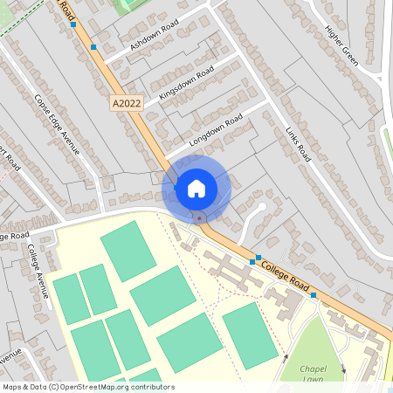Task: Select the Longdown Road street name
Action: [x=215, y=131]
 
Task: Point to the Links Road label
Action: [x=298, y=142]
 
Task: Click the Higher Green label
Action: [x=341, y=45]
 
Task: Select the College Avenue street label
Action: [x=37, y=272]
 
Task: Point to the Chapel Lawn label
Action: [x=312, y=374]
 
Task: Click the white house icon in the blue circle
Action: [x=196, y=188]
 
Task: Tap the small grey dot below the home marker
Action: [x=200, y=216]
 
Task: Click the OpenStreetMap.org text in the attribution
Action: [x=93, y=387]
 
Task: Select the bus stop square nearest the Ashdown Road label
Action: [x=93, y=47]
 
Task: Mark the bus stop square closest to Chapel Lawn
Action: [x=313, y=295]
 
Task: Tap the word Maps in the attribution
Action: [x=12, y=387]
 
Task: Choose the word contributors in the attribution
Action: [x=150, y=387]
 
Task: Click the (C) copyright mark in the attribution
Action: [x=54, y=387]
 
